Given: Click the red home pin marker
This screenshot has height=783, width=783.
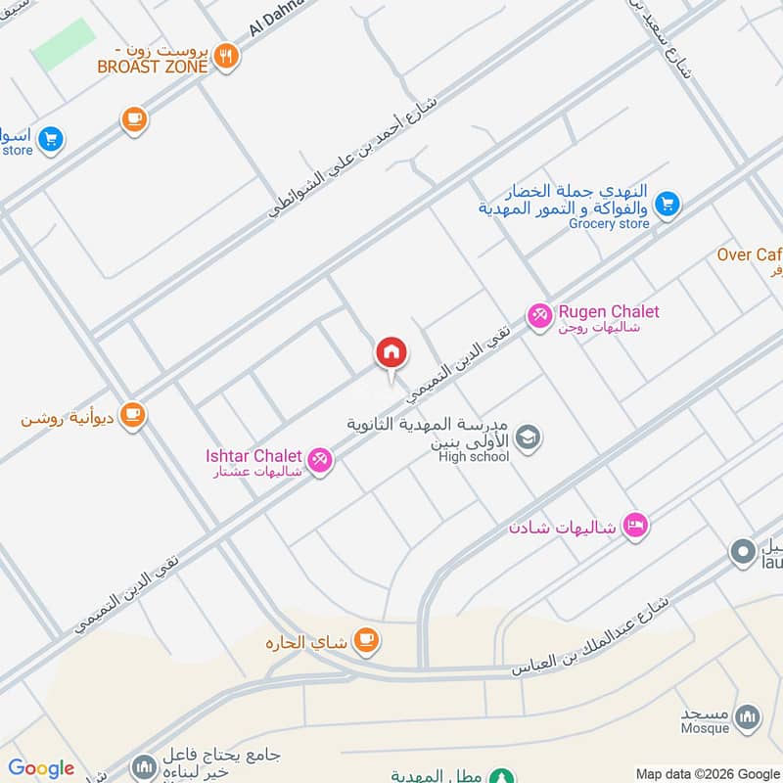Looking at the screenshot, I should (x=391, y=352).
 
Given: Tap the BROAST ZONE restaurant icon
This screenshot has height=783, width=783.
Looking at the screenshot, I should (x=227, y=57).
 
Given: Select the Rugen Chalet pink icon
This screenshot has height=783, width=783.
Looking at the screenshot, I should (x=538, y=315).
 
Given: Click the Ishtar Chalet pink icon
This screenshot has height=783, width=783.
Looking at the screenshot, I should (x=319, y=459).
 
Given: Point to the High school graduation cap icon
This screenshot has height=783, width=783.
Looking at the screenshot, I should (x=528, y=438).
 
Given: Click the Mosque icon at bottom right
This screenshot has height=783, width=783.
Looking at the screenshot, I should (x=747, y=716).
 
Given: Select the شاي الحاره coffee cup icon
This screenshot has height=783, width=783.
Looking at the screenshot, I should (x=367, y=640).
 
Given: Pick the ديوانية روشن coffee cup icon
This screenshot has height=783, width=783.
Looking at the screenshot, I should (x=133, y=416).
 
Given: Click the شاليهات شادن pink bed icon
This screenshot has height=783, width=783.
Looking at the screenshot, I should (x=634, y=527).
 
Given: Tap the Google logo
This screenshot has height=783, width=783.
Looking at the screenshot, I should (x=41, y=768).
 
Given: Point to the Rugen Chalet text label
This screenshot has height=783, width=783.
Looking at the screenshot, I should (x=608, y=312).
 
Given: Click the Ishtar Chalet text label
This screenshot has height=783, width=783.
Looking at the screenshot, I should (x=253, y=455).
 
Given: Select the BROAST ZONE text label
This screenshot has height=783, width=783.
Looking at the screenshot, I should (x=152, y=67).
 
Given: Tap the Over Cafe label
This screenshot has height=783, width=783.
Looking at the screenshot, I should (x=750, y=254).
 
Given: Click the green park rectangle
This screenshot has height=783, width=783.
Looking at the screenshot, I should (x=65, y=44).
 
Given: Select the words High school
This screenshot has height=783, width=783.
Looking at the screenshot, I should (x=474, y=456).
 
